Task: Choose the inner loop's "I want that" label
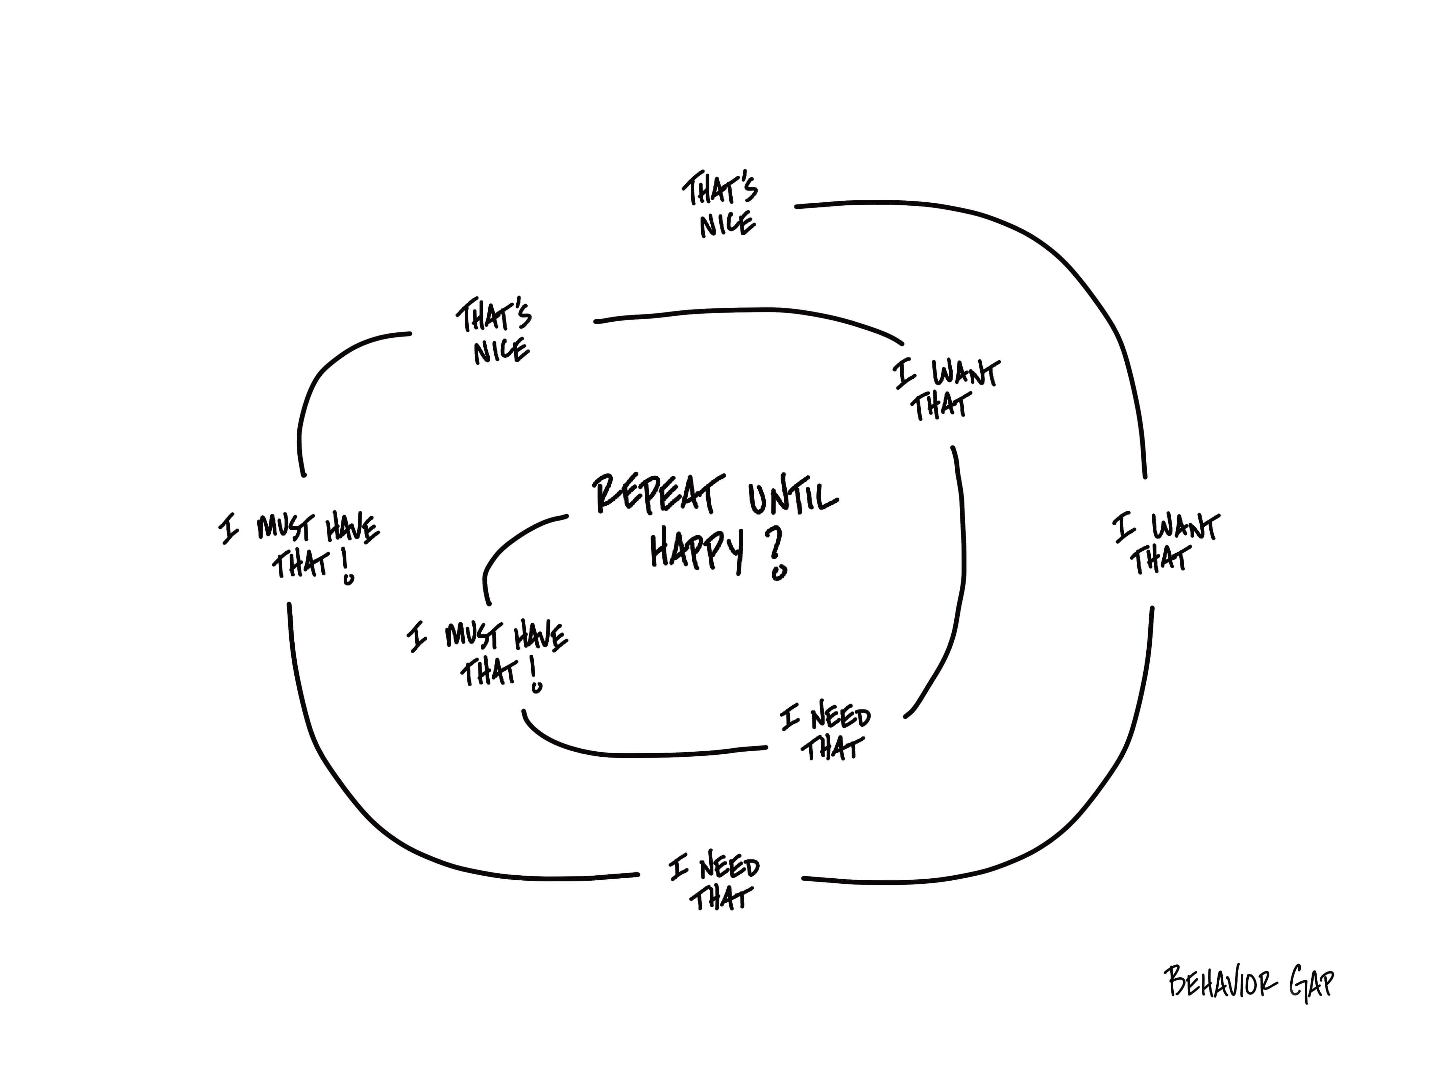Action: pyautogui.click(x=946, y=389)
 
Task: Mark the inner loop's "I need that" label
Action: pyautogui.click(x=826, y=733)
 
